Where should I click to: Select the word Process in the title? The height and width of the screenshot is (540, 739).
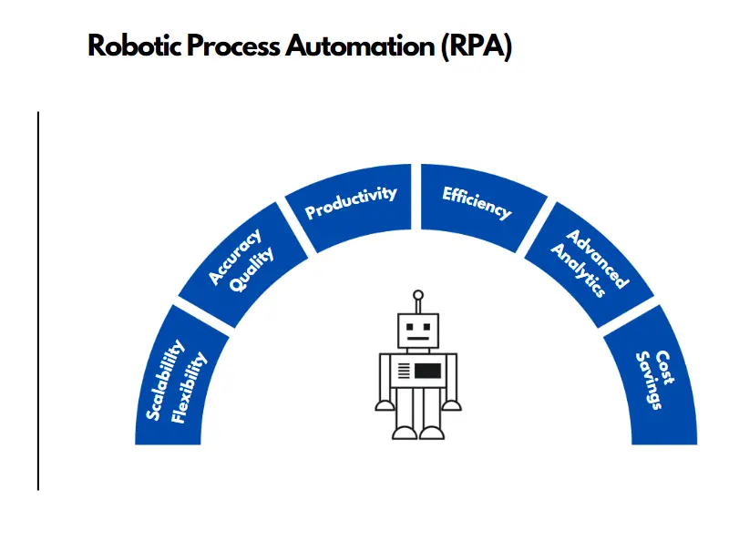233,46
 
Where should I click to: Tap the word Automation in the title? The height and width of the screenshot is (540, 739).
360,46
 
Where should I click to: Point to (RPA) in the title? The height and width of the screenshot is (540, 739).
477,47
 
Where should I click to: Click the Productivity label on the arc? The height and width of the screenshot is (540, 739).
351,202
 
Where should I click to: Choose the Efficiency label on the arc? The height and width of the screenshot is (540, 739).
477,203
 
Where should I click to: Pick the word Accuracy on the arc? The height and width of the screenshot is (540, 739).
235,257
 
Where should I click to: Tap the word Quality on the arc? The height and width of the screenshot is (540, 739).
252,270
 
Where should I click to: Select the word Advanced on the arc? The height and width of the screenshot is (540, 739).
597,259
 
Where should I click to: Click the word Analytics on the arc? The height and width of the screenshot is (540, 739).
578,270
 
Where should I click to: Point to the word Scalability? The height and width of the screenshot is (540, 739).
165,380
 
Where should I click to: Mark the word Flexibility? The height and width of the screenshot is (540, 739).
188,387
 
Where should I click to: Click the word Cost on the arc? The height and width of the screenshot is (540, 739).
664,367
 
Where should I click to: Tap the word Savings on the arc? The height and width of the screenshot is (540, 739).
649,381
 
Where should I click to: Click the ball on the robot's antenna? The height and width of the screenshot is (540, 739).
418,296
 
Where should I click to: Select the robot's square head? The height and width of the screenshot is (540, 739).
418,331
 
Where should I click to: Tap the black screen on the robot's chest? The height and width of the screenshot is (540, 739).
428,371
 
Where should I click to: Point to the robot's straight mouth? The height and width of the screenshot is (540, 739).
418,339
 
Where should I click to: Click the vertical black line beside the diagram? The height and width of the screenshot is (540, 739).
38,301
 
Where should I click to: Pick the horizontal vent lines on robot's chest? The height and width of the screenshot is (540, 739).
404,371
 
